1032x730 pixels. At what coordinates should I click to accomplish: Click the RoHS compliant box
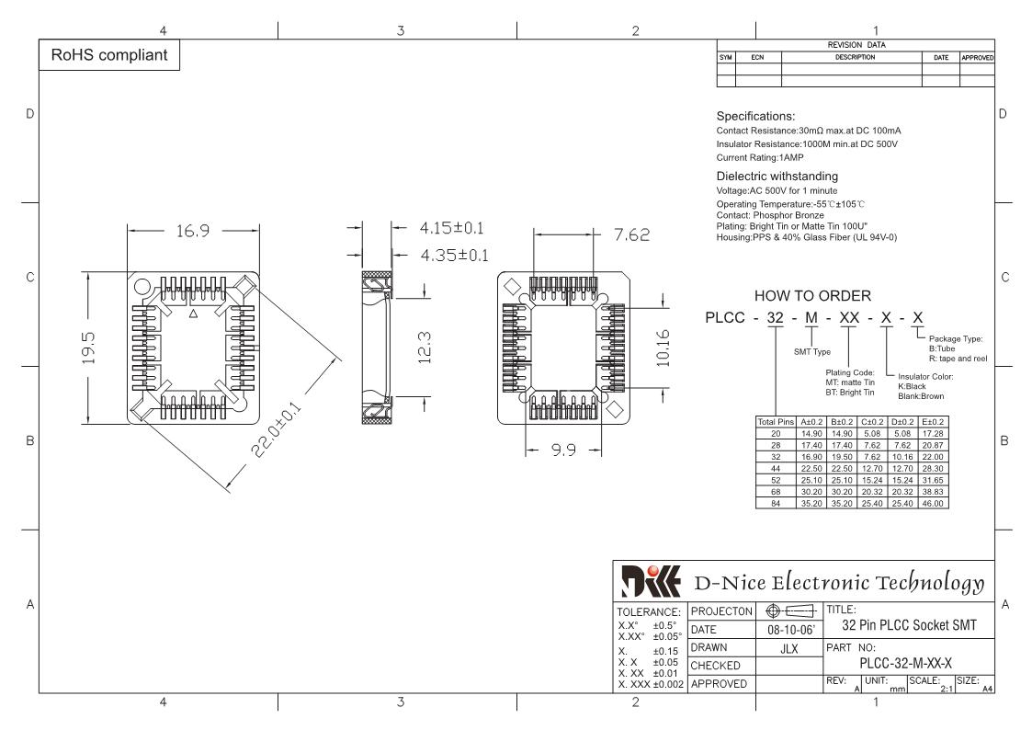[109, 55]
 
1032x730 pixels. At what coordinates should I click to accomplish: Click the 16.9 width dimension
[193, 231]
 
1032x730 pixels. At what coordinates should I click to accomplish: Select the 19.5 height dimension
[88, 348]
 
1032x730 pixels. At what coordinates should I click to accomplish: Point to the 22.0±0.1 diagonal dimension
[277, 429]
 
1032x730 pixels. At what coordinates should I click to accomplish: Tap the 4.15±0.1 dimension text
[451, 228]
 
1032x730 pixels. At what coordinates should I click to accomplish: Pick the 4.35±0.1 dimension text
[454, 256]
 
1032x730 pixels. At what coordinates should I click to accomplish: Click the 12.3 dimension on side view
[425, 348]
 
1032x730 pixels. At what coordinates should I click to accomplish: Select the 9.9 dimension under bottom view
[563, 451]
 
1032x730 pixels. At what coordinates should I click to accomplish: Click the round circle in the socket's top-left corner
[142, 287]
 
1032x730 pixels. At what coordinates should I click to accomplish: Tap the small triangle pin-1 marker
[194, 314]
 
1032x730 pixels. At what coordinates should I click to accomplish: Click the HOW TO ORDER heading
[812, 296]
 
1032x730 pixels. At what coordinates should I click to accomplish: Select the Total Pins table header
[776, 422]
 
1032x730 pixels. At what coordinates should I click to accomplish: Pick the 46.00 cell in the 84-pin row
[933, 504]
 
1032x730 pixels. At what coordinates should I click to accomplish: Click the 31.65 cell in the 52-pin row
[933, 481]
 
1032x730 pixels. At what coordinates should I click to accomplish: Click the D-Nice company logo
[651, 581]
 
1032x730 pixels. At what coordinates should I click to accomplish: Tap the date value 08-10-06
[790, 630]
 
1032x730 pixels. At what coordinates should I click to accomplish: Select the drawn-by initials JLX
[789, 648]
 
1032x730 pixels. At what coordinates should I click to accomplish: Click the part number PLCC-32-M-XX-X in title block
[905, 664]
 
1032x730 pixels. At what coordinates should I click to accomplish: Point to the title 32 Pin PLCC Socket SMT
[910, 625]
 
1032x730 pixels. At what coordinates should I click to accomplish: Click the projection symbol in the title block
[790, 611]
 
